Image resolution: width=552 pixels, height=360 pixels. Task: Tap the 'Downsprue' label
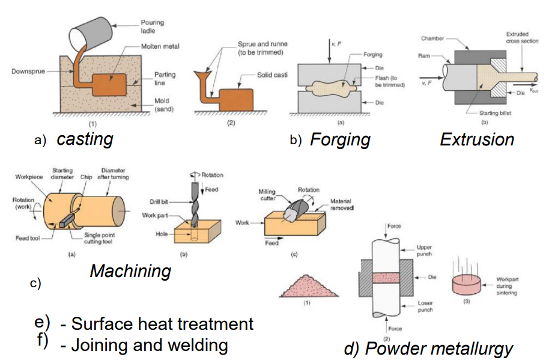pos(28,72)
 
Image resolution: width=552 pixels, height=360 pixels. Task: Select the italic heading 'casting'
pos(85,139)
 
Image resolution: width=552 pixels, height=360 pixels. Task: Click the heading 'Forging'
pos(340,139)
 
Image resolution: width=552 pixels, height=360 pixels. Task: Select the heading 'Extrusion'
pos(477,139)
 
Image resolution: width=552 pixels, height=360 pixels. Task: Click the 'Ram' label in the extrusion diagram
pos(425,55)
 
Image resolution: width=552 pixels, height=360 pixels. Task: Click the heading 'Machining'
pos(130,271)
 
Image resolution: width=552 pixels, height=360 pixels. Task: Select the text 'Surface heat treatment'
pos(162,324)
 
